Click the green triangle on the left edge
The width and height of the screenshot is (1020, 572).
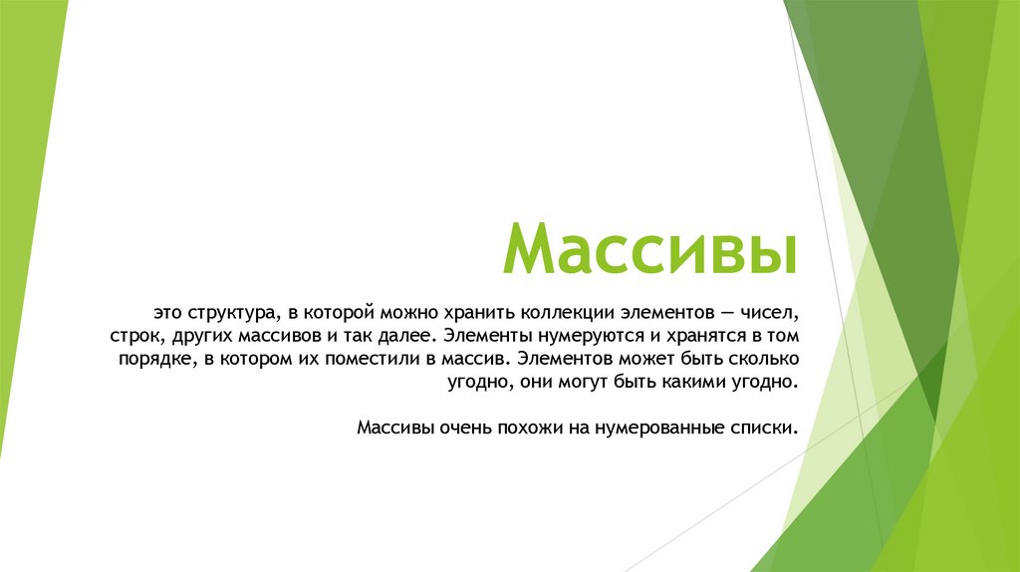coord(25,199)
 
